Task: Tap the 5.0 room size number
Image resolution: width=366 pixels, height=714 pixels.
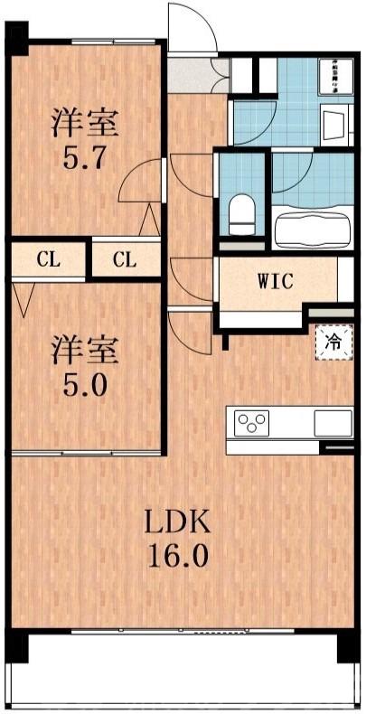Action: coord(87,385)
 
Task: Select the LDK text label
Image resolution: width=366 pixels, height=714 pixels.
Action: coord(179,521)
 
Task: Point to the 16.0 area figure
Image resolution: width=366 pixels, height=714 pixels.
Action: coord(179,554)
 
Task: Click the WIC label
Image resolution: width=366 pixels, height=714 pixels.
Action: coord(274,282)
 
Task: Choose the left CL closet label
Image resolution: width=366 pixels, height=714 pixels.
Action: coord(49,260)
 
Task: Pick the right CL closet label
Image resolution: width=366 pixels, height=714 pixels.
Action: coord(125,260)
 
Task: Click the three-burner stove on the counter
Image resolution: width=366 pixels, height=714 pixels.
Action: coord(252,422)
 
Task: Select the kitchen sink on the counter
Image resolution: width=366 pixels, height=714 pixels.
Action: coord(332,422)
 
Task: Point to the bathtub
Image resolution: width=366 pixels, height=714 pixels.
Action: coord(312,228)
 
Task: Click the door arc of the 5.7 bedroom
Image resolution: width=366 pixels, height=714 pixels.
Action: coord(140,185)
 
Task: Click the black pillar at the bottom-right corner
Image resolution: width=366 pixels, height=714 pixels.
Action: coord(348,647)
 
